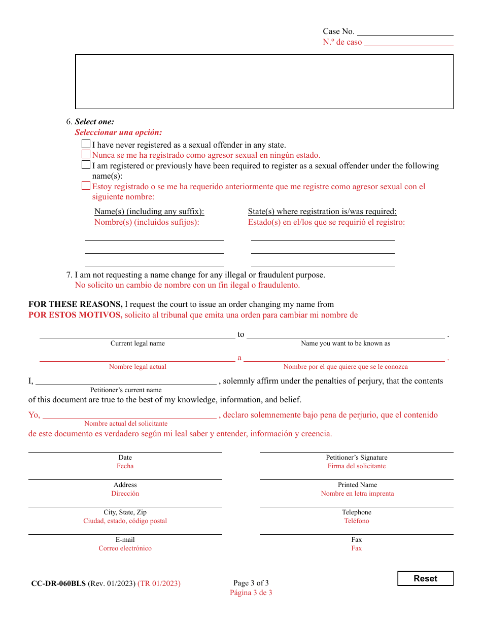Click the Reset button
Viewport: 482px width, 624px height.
click(425, 578)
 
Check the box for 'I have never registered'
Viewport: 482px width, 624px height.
click(86, 145)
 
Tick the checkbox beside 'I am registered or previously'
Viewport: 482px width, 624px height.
click(86, 165)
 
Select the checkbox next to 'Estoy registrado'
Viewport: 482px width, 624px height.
click(86, 186)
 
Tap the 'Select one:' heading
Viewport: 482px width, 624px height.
click(94, 122)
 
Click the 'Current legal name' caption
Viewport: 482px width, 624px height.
click(137, 343)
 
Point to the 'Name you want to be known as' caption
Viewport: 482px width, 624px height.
click(346, 343)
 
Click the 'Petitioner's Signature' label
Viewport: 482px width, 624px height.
click(357, 458)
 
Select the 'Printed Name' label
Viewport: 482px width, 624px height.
click(357, 485)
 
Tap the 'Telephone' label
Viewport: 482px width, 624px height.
click(357, 512)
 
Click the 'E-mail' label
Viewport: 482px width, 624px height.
click(125, 540)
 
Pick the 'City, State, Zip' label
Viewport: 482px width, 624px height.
click(125, 512)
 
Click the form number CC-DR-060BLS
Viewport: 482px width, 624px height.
click(58, 583)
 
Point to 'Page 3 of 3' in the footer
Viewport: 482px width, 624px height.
click(251, 583)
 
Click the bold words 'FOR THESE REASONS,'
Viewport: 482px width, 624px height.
click(75, 304)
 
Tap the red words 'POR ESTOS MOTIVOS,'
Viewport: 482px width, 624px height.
click(75, 315)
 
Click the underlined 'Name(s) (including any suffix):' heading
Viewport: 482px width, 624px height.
click(149, 212)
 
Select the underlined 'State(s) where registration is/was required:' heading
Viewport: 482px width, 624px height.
click(322, 212)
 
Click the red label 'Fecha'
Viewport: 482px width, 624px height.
click(125, 466)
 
